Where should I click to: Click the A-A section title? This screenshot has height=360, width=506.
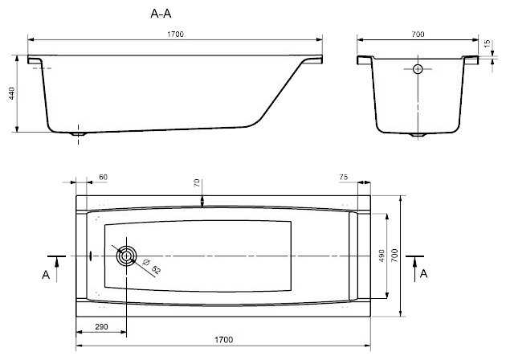point(161,14)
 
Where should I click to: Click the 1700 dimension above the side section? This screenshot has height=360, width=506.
point(176,35)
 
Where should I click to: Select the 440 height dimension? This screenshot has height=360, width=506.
point(11,93)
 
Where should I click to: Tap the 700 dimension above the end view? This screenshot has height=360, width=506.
point(418,35)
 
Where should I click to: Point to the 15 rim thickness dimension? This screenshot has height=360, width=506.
point(488,43)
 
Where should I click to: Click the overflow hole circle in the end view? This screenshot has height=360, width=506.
point(418,69)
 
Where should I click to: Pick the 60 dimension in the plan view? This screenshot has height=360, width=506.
point(104,177)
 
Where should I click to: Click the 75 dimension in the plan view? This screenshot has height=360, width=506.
point(344,177)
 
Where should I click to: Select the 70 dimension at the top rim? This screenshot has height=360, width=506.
point(197,183)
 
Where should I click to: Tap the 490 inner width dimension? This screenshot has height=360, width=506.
point(382,256)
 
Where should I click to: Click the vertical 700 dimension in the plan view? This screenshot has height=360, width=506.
point(394,256)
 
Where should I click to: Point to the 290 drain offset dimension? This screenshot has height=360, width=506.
point(101,327)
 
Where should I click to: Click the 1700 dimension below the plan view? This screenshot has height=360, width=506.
point(223,340)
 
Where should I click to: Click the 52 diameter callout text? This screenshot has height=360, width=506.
point(156,269)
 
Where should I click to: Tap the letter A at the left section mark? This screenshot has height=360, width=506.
point(46,275)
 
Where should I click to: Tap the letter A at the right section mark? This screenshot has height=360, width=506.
point(423,274)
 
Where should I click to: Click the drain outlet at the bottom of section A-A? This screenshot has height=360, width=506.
point(78,133)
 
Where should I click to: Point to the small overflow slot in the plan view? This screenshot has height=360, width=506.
point(91,256)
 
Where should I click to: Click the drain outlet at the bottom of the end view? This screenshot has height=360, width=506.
point(418,135)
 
